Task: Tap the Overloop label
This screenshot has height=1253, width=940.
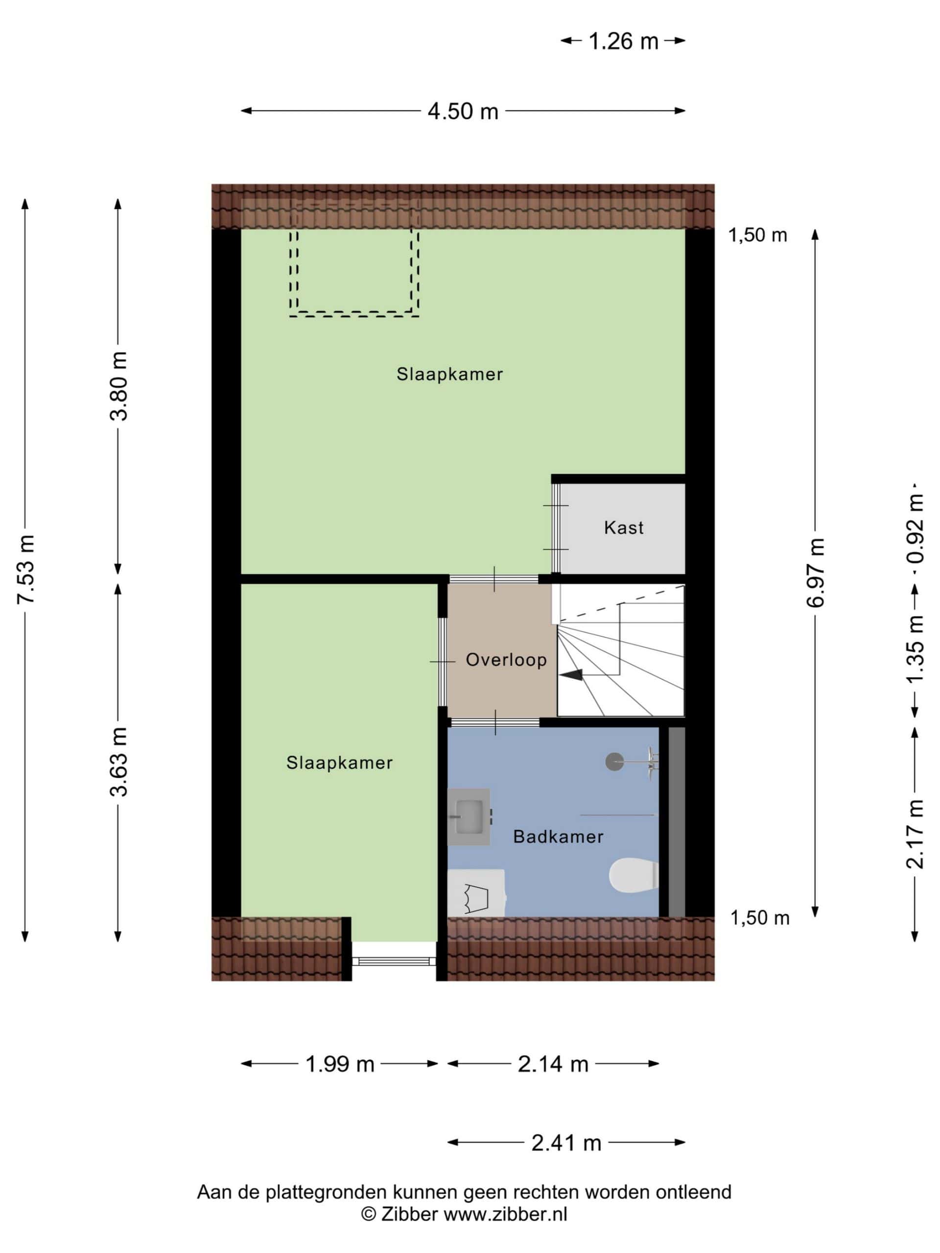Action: point(506,659)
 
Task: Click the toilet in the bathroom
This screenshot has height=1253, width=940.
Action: point(634,875)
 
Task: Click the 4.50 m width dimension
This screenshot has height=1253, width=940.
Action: point(463,111)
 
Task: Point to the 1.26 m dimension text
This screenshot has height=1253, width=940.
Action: point(623,41)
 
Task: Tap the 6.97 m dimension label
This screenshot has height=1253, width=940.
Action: point(815,573)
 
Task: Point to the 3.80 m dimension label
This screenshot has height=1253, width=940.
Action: point(119,386)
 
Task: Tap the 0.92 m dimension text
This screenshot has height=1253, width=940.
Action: point(915,529)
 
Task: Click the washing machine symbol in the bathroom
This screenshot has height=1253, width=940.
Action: point(476,893)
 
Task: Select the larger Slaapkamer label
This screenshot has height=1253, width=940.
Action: point(449,374)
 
